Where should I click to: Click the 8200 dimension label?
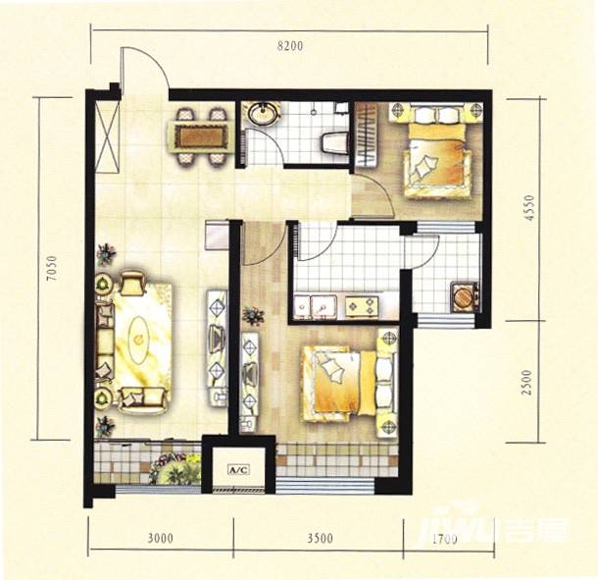[x=290, y=46]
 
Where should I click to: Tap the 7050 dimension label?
[x=51, y=268]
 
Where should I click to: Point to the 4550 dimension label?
[x=528, y=208]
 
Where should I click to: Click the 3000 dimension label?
[x=161, y=538]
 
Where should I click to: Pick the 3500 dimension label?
[x=321, y=538]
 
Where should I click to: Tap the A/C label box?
[x=238, y=469]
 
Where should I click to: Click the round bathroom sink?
[x=262, y=113]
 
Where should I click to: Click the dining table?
[x=201, y=136]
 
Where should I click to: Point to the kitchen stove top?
[x=362, y=306]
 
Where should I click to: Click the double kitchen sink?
[x=316, y=307]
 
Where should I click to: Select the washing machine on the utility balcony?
[x=464, y=296]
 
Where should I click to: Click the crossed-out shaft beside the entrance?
[x=107, y=136]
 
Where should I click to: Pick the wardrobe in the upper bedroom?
[x=367, y=134]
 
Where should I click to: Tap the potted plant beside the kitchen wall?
[x=253, y=316]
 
